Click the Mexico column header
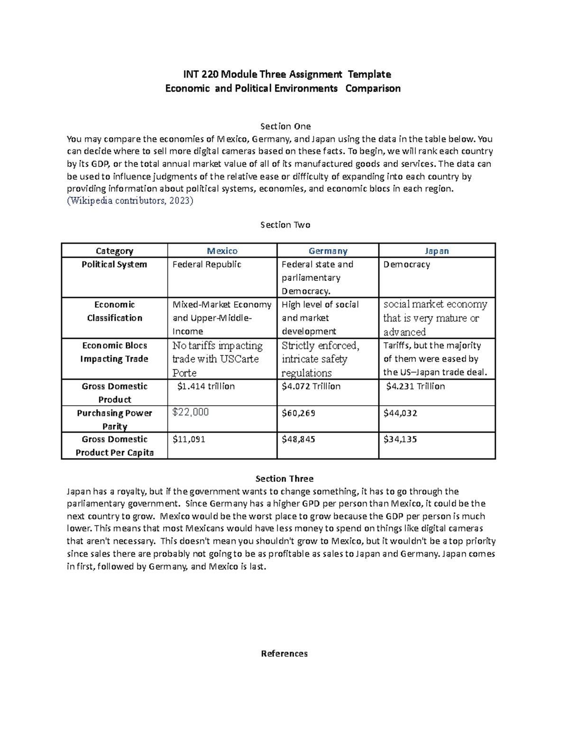tap(222, 251)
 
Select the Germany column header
tap(328, 251)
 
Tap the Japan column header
tap(437, 251)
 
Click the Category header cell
tap(114, 251)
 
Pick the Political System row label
tap(114, 264)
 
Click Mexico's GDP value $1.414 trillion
tap(206, 386)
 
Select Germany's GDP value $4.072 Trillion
tap(311, 386)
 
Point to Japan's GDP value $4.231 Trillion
tap(415, 386)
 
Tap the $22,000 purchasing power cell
tap(191, 412)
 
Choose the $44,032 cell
tap(400, 413)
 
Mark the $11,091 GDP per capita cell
tap(189, 439)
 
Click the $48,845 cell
tap(298, 439)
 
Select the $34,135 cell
tap(400, 439)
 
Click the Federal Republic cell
tap(207, 264)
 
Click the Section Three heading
tap(284, 478)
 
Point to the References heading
tap(284, 653)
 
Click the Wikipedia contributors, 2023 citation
tap(130, 201)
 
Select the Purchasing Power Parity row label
tap(114, 420)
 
